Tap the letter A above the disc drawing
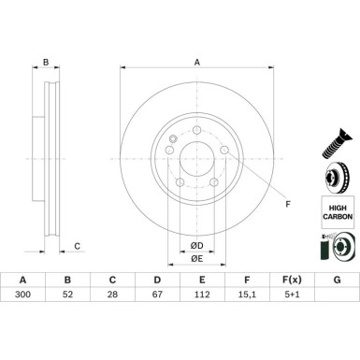196,63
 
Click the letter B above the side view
45,64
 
